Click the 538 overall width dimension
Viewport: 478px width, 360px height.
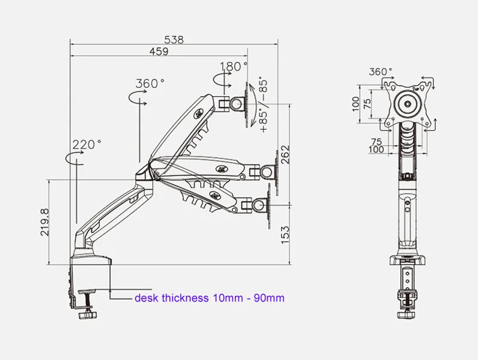pos(174,40)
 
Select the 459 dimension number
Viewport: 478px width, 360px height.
pos(158,52)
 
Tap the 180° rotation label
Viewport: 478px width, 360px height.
pos(233,66)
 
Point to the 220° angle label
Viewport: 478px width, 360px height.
pos(87,144)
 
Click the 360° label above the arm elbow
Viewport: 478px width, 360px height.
pos(149,84)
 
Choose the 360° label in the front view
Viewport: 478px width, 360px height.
pos(381,72)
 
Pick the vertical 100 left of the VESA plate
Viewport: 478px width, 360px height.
pos(356,105)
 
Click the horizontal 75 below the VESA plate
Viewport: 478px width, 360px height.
pos(377,141)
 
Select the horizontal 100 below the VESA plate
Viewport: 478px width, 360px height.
pos(376,150)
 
